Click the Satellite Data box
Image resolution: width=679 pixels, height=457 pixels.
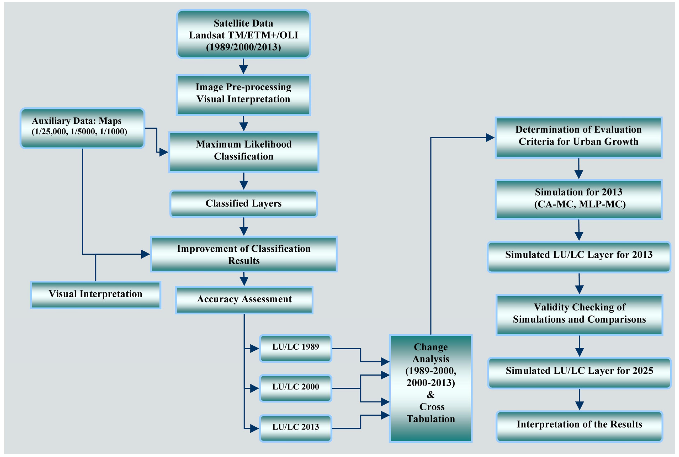pos(243,34)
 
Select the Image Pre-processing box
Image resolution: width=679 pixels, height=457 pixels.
pos(243,95)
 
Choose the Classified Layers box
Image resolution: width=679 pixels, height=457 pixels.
pos(244,203)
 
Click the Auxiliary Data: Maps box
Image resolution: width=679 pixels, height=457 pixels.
pos(82,128)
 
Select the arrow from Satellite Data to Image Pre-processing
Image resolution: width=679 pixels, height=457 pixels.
pos(243,67)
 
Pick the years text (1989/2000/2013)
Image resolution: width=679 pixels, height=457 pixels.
pos(243,47)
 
